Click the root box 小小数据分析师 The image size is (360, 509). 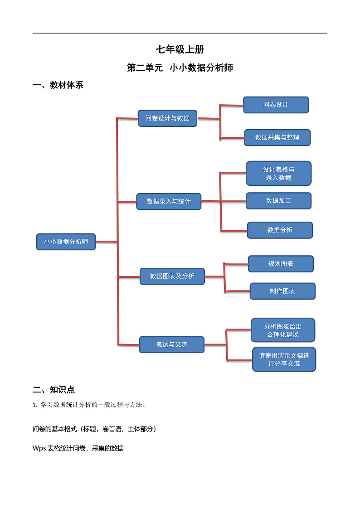66,242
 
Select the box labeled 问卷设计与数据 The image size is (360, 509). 167,118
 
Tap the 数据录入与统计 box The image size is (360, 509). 169,201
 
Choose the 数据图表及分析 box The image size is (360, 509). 172,276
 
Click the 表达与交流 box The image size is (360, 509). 171,344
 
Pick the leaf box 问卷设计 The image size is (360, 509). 276,105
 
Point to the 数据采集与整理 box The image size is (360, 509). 277,137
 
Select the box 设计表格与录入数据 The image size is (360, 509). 278,174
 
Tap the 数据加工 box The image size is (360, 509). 278,201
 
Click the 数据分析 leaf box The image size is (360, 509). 280,230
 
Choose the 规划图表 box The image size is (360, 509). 281,264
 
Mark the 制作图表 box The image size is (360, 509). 282,291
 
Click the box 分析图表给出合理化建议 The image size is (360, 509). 283,330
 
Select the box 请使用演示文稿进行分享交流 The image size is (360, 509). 284,359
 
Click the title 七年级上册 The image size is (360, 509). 180,50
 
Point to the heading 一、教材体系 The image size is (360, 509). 58,85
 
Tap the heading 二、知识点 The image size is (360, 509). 54,389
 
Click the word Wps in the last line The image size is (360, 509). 39,448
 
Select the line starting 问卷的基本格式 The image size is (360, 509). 94,429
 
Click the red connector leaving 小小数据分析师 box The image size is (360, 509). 107,242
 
